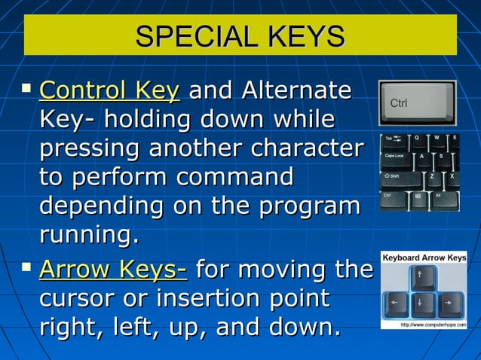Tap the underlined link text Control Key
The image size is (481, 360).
(109, 92)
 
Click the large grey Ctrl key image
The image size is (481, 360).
(417, 102)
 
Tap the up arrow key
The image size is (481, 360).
(423, 280)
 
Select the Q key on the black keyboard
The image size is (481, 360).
(417, 139)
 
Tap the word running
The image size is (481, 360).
(89, 234)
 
